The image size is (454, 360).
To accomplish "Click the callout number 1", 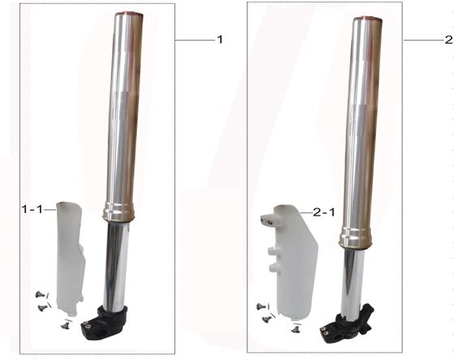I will (218, 39).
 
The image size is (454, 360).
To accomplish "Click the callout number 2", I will (448, 39).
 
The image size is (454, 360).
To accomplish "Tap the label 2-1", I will (323, 212).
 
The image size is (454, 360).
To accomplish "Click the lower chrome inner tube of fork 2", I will (351, 280).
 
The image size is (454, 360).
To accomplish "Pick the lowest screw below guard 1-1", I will (66, 323).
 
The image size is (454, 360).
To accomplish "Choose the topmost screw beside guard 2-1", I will (260, 306).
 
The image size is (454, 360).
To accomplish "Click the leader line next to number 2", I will (422, 40).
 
